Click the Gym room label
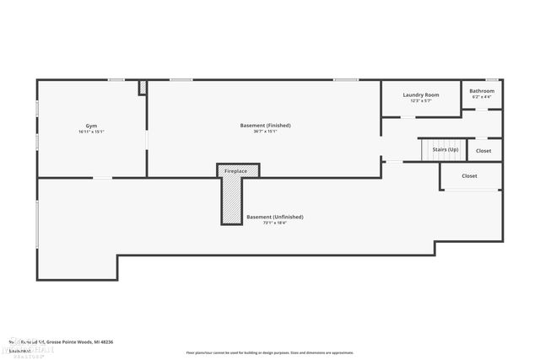(91, 126)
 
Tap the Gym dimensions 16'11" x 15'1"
(91, 132)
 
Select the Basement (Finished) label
(265, 126)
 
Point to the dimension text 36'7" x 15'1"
(265, 132)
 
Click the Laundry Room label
(420, 94)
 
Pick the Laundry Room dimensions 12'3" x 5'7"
(420, 101)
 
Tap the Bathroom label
(482, 91)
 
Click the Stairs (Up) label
(445, 149)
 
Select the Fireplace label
(235, 171)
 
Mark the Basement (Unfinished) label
(274, 217)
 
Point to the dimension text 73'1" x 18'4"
(274, 223)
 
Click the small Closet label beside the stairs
(483, 151)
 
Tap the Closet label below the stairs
(469, 176)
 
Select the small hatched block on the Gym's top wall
(143, 87)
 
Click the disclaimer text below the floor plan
(270, 352)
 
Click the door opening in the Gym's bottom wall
(102, 177)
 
